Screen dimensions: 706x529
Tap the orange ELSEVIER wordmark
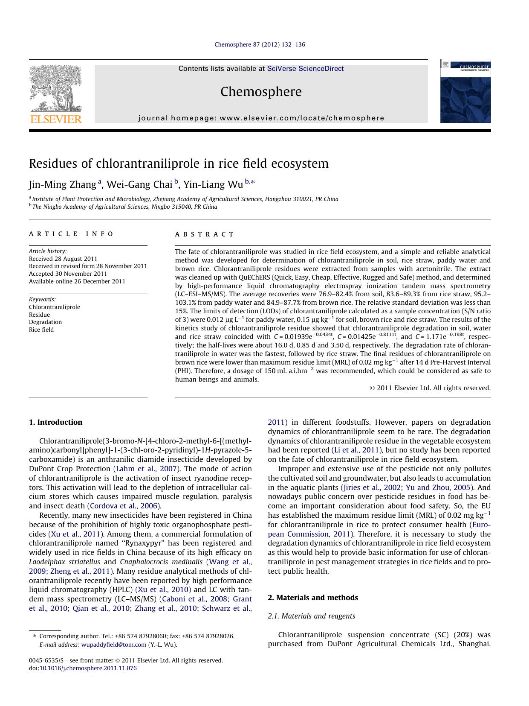coord(55,119)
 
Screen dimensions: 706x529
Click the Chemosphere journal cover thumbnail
coord(465,91)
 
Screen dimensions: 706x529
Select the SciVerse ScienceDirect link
coord(305,69)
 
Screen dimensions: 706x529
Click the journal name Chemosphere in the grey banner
coord(261,92)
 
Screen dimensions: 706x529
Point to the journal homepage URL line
coord(261,118)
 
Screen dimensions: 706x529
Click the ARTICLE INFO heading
coord(71,234)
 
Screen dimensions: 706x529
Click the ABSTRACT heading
coord(205,234)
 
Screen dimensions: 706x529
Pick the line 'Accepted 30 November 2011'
coord(68,274)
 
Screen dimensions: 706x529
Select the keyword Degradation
coord(45,322)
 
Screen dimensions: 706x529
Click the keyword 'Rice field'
coord(41,330)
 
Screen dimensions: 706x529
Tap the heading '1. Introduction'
coord(55,422)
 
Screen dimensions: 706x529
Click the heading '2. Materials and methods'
coord(312,598)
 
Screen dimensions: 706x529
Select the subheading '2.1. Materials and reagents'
coord(311,616)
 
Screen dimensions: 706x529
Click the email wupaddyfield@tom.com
coord(113,645)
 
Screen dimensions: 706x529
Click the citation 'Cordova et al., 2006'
coord(124,506)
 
